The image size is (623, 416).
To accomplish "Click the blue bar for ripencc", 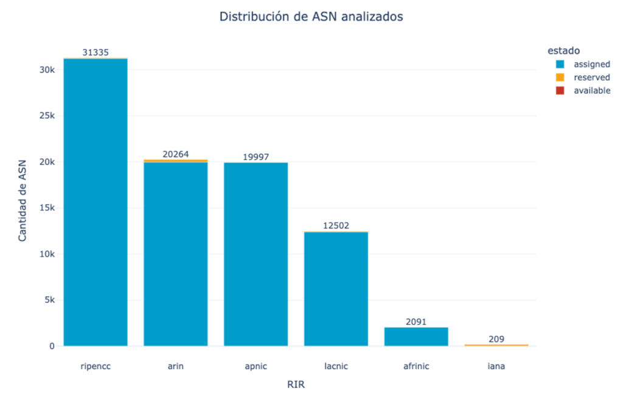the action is tap(96, 203).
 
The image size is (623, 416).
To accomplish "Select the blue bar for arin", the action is tap(176, 254).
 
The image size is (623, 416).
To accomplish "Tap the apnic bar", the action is tap(256, 254).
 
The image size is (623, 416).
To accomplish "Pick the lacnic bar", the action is tap(336, 289).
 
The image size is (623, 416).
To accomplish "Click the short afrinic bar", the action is tap(416, 336).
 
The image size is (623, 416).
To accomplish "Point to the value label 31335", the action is tap(96, 52).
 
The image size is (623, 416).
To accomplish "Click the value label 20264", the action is tap(176, 154).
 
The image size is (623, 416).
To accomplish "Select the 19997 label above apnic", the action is tap(256, 157).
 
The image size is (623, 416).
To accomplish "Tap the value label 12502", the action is tap(336, 226).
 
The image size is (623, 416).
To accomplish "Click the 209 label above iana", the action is tap(496, 339).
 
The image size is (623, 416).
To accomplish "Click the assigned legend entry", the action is tap(583, 64).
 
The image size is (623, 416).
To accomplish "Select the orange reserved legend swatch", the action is tap(560, 77).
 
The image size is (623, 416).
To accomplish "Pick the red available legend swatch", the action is tap(560, 91).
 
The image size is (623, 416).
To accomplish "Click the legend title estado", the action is tap(563, 51).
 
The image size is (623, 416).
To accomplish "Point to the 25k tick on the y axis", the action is tap(47, 116).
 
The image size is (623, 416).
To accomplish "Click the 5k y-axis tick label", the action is tap(50, 300).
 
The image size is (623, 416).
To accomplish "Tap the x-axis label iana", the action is tap(496, 366).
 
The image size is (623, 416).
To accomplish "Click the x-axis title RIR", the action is tap(296, 384).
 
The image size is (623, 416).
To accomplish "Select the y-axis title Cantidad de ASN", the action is tap(23, 201).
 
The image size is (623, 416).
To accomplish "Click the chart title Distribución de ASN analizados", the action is tap(311, 16).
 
